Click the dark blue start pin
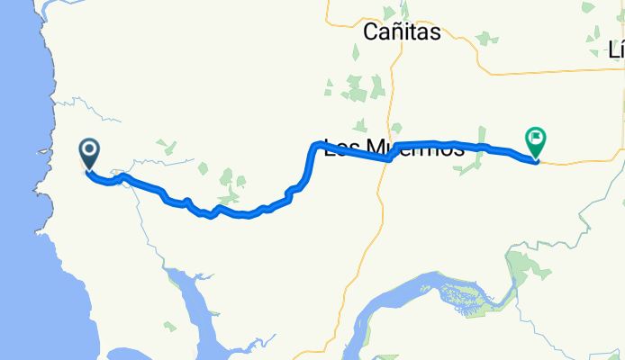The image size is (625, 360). point(90,153)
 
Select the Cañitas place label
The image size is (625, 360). point(402,33)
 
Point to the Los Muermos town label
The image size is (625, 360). point(394,149)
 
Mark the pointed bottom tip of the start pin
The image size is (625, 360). point(90,170)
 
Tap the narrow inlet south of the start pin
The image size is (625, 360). point(194,297)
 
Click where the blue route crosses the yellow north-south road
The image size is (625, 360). point(388,157)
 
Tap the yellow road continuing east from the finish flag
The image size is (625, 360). point(576,164)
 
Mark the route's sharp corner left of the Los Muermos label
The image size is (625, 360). point(313,145)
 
